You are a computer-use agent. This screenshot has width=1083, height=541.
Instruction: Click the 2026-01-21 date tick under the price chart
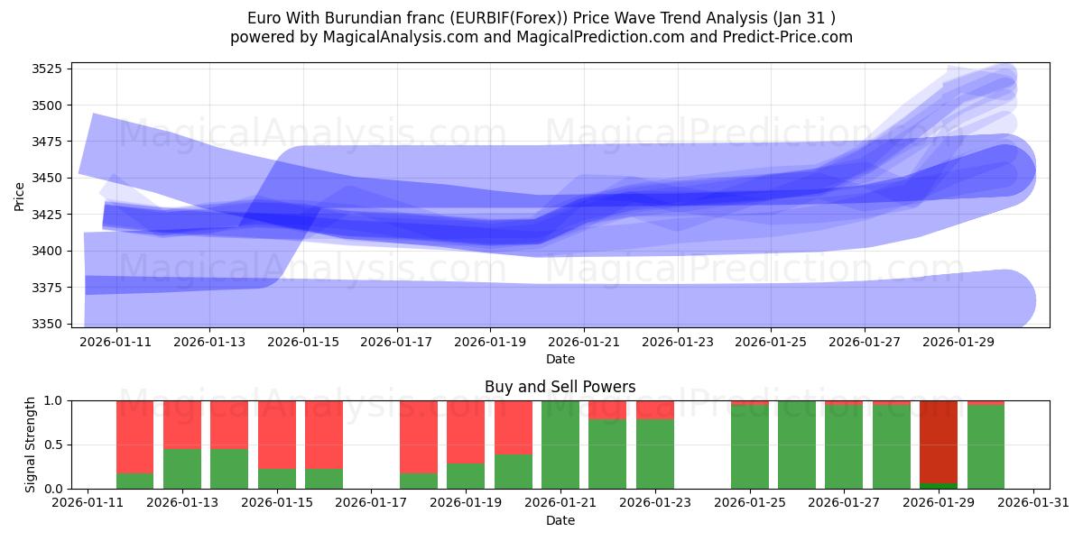(584, 343)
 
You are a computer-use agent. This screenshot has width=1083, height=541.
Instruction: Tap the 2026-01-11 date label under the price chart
(116, 343)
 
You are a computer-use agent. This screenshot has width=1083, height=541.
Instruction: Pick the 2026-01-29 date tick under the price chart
(958, 343)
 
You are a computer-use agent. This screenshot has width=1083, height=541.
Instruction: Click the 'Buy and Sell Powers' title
(560, 387)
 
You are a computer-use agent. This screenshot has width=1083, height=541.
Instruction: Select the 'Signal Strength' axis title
(31, 445)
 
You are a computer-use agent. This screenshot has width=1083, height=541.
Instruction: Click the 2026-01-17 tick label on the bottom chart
(371, 504)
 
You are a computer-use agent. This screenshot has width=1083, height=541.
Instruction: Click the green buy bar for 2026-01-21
(560, 445)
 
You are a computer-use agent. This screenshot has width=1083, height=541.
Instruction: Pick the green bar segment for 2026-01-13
(182, 469)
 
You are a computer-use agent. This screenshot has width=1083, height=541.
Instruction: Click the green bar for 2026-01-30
(986, 447)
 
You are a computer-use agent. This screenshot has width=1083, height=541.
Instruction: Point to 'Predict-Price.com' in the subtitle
(790, 37)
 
